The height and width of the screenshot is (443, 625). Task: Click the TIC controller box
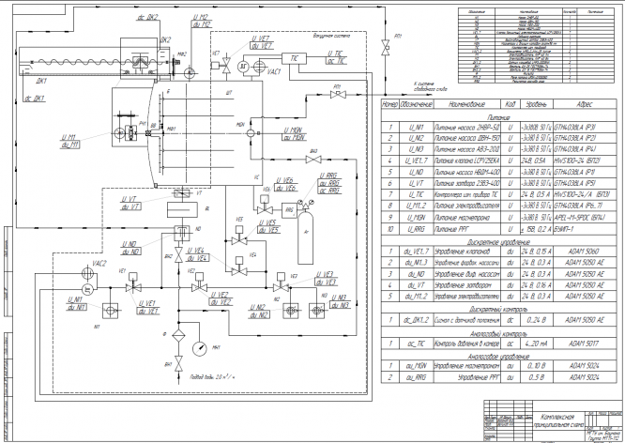[x=296, y=57]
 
